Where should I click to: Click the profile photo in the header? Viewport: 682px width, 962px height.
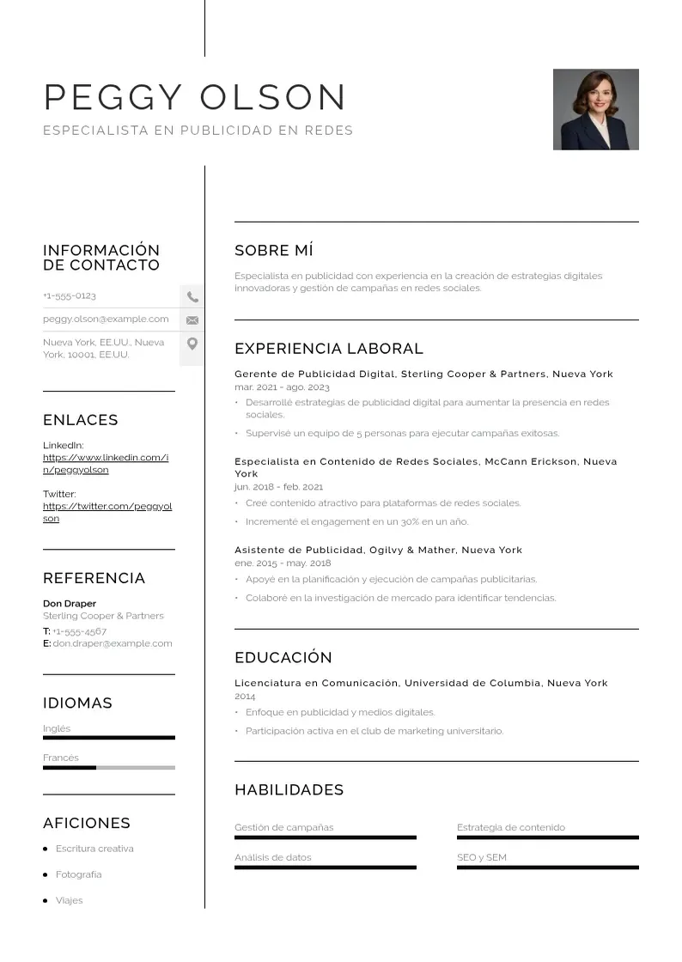point(595,109)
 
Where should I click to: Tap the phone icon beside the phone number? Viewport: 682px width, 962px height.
point(192,297)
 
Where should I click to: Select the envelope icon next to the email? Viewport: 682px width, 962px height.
point(192,320)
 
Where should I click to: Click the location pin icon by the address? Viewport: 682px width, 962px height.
point(192,344)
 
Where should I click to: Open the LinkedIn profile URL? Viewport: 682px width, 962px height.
point(106,464)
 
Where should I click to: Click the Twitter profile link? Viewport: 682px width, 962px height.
point(107,513)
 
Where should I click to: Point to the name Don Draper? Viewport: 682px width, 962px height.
point(70,604)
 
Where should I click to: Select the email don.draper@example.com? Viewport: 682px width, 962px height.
point(112,643)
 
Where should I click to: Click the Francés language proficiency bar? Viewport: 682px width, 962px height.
point(109,768)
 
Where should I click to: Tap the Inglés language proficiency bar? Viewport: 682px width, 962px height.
point(109,738)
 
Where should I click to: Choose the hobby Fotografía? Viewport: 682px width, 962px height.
point(78,874)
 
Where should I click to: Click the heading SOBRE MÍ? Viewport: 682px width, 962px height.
point(274,251)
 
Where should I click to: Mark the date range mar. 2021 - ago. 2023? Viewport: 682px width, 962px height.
point(282,387)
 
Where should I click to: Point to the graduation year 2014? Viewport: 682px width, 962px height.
point(245,697)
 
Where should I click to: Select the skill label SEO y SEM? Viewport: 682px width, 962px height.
point(482,857)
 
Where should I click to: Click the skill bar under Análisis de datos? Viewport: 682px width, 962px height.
point(325,868)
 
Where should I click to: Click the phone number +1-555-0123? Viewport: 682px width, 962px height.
point(70,296)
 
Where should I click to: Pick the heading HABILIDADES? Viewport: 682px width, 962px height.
point(289,790)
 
